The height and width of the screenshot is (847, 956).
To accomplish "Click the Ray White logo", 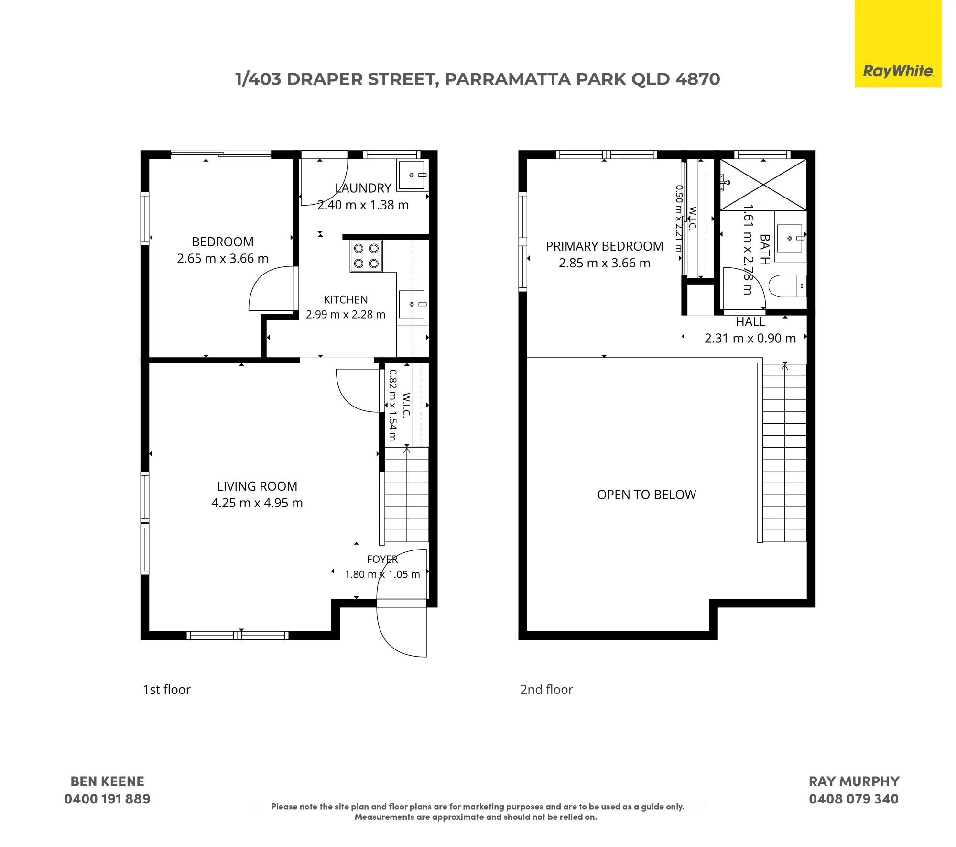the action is point(898,44).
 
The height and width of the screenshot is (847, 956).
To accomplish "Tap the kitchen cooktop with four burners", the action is point(366,256).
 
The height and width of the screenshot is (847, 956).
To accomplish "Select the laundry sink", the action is point(412,176).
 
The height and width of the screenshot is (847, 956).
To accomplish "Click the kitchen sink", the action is point(412,304).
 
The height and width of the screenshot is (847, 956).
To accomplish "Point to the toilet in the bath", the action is point(787,286).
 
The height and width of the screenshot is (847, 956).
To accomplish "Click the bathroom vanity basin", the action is point(790,238).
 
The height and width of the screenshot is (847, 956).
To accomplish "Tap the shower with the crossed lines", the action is point(763,185).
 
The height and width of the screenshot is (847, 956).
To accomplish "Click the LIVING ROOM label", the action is point(257,486).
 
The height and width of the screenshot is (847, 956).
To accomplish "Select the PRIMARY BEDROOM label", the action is point(605,246).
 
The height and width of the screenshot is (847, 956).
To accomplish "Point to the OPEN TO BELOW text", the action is point(647,495).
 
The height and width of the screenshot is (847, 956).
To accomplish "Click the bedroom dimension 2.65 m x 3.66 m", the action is point(223,259).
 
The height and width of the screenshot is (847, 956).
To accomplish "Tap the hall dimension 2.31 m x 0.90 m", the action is point(750,339).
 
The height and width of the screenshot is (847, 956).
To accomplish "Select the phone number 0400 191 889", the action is point(108,799).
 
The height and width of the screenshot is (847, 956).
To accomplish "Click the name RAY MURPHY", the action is point(854,781).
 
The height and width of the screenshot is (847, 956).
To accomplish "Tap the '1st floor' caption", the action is point(167,690).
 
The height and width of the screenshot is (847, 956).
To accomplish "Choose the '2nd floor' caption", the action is point(547,690).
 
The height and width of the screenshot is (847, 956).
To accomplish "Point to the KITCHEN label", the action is point(346,300).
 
